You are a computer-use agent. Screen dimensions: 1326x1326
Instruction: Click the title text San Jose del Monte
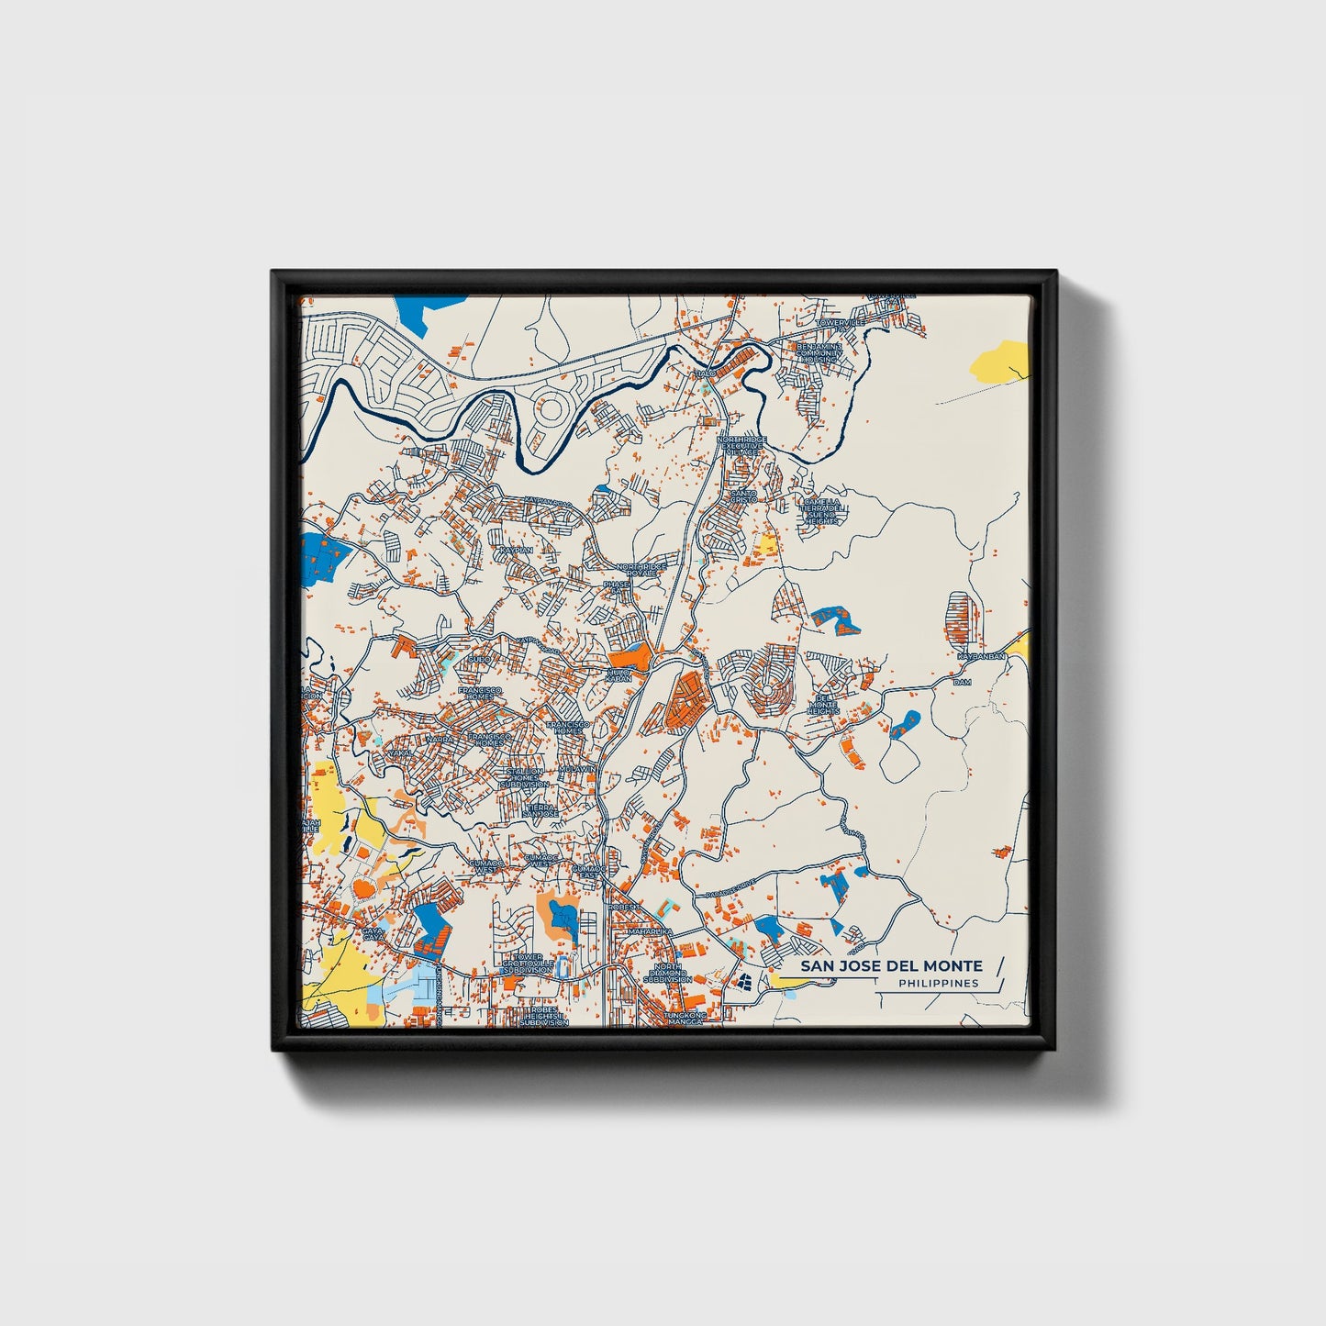click(x=890, y=965)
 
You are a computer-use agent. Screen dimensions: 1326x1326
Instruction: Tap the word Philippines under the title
click(x=938, y=983)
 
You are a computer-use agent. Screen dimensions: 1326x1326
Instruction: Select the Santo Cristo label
click(x=743, y=496)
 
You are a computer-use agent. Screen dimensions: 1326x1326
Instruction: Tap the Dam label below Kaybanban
click(x=962, y=682)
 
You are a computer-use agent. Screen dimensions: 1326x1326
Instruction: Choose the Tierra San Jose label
click(x=540, y=810)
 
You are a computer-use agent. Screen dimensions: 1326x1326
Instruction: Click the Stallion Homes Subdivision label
click(x=525, y=777)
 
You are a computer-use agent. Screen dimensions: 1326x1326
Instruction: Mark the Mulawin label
click(x=578, y=768)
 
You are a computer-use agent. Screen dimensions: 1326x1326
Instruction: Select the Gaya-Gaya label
click(x=372, y=932)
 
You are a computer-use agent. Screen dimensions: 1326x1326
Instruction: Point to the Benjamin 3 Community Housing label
click(x=819, y=352)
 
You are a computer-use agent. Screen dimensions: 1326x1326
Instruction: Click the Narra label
click(x=440, y=738)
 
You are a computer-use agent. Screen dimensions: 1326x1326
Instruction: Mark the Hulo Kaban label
click(x=619, y=674)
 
